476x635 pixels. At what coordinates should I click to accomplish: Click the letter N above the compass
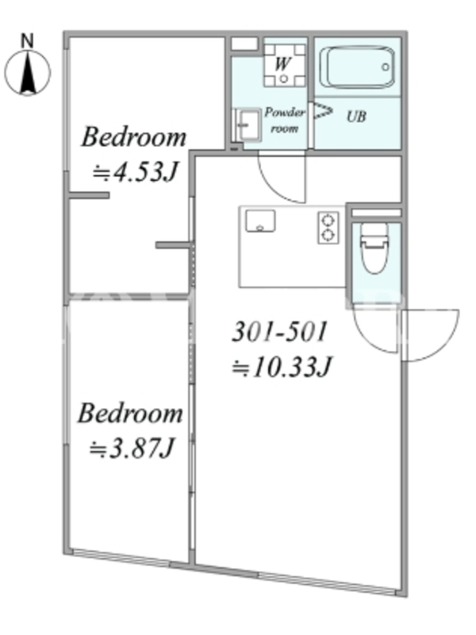click(x=27, y=41)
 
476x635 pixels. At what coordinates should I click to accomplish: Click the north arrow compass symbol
click(x=28, y=73)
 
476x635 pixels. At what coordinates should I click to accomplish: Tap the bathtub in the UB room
click(x=357, y=67)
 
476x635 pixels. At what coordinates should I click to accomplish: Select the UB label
click(x=356, y=117)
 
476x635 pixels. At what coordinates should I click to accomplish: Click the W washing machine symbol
click(x=284, y=64)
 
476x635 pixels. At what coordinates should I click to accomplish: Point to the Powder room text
click(x=285, y=120)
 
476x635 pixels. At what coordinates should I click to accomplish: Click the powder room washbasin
click(x=248, y=125)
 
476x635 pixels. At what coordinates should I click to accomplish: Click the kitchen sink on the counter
click(x=260, y=221)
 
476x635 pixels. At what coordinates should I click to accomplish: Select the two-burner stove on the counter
click(x=328, y=228)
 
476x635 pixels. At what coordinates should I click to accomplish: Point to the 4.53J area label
click(x=135, y=172)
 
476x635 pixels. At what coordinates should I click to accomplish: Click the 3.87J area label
click(x=132, y=448)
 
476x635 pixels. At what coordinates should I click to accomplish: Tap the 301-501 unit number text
click(x=280, y=332)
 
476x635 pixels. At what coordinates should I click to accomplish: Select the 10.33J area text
click(x=282, y=368)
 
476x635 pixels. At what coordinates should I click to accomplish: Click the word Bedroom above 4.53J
click(x=134, y=137)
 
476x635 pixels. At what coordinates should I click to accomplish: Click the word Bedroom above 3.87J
click(x=130, y=413)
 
